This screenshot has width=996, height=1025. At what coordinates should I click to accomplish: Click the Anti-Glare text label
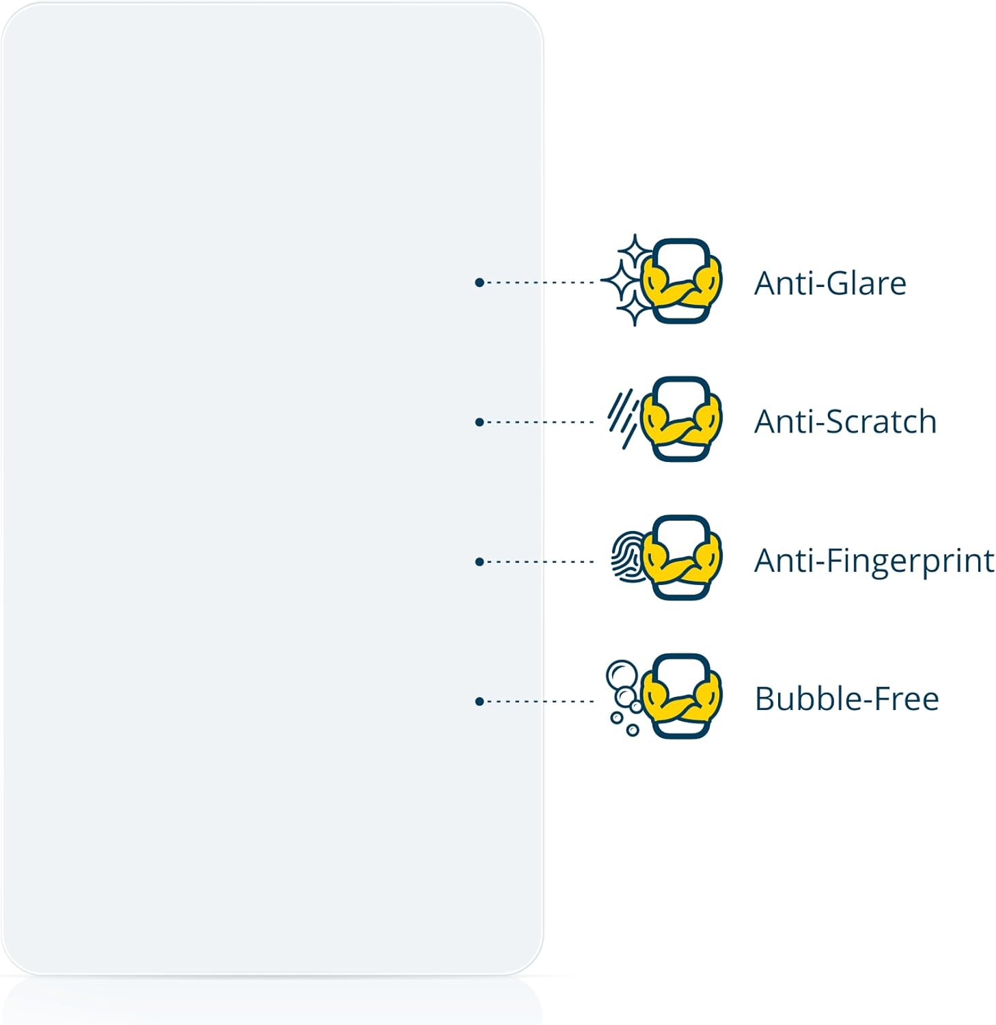(x=829, y=283)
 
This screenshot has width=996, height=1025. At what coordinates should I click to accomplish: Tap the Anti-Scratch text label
(x=845, y=422)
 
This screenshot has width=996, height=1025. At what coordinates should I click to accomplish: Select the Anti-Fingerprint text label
(x=874, y=562)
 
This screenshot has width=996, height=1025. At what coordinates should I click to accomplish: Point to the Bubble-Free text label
(x=846, y=699)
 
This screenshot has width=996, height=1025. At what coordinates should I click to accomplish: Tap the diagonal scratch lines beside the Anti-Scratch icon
(x=622, y=418)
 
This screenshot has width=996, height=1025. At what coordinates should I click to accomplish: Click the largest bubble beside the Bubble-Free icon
(x=621, y=675)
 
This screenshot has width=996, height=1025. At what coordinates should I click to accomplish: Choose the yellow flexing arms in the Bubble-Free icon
(x=682, y=701)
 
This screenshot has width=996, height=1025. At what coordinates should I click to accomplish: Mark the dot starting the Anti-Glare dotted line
(x=480, y=282)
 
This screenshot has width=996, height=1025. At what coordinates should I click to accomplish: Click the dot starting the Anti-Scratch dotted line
(x=480, y=422)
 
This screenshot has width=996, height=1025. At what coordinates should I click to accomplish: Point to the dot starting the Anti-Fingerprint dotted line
(x=480, y=562)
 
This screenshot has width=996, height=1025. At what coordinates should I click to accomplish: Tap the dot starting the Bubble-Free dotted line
(x=480, y=701)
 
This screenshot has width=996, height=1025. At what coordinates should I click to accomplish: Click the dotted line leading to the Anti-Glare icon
(x=540, y=282)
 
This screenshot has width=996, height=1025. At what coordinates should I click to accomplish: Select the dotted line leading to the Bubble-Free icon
(x=540, y=701)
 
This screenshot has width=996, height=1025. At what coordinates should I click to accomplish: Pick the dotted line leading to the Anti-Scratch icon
(x=540, y=422)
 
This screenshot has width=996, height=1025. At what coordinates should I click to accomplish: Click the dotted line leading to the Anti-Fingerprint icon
(x=540, y=562)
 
